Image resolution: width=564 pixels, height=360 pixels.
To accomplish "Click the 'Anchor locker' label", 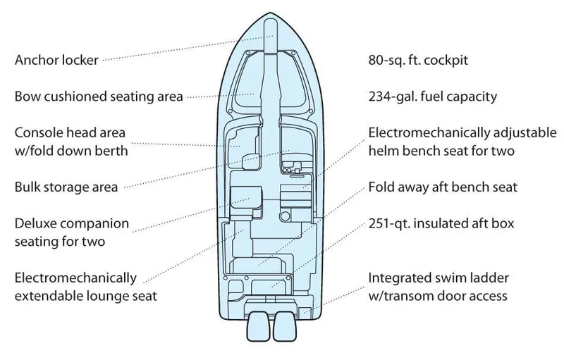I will tap(56, 60).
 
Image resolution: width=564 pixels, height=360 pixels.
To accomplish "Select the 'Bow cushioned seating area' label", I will tap(99, 96).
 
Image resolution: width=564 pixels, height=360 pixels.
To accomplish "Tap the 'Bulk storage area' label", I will tap(66, 187).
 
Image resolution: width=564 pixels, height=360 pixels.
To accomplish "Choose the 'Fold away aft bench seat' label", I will tap(443, 187).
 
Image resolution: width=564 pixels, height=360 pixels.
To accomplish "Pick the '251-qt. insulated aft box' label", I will tap(441, 224).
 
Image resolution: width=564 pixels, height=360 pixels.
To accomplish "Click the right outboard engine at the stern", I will tap(283, 328).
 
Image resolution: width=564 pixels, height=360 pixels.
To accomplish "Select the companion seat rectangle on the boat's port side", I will tap(244, 197).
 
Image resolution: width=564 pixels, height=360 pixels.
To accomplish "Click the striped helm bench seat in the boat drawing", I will tap(293, 197).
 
